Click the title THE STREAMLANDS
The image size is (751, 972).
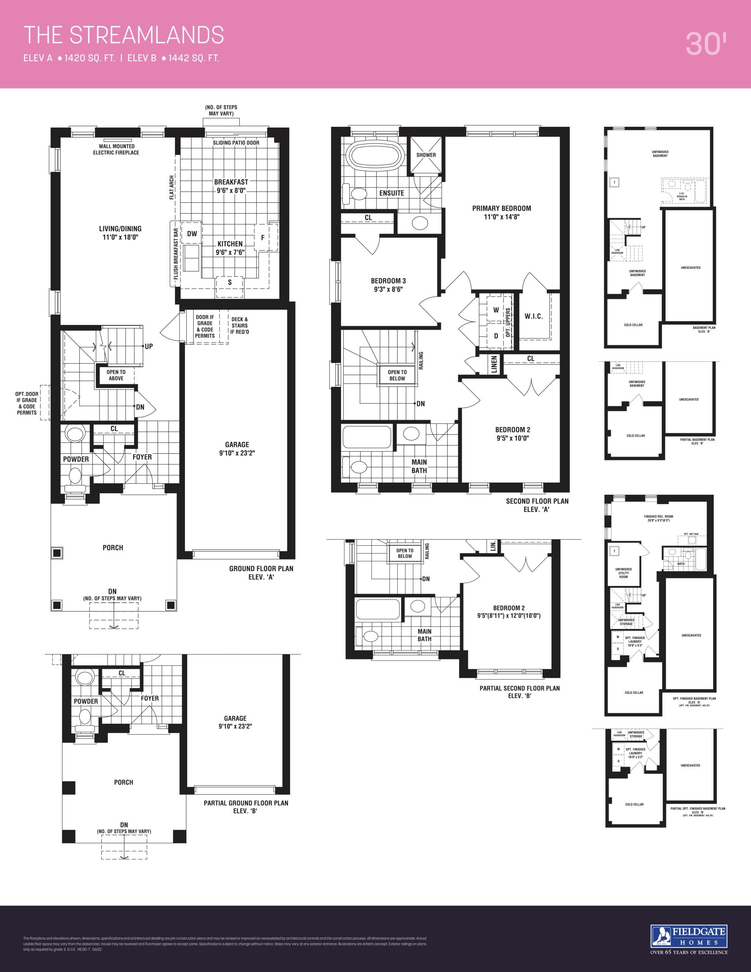point(123,35)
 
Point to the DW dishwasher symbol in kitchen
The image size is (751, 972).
point(192,234)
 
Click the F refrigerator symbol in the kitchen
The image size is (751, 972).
point(263,238)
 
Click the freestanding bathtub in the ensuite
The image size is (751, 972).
point(376,157)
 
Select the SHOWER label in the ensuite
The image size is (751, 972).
point(426,155)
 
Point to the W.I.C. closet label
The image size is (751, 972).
point(533,316)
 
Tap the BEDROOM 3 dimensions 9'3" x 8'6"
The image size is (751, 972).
point(388,289)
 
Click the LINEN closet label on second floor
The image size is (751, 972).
point(494,364)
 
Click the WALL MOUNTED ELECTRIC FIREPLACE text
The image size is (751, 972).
point(116,150)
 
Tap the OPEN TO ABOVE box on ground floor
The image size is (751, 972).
point(116,375)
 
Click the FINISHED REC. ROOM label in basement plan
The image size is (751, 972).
point(658,517)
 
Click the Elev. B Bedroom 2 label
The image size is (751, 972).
point(508,608)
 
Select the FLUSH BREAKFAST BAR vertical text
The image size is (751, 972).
point(176,254)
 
